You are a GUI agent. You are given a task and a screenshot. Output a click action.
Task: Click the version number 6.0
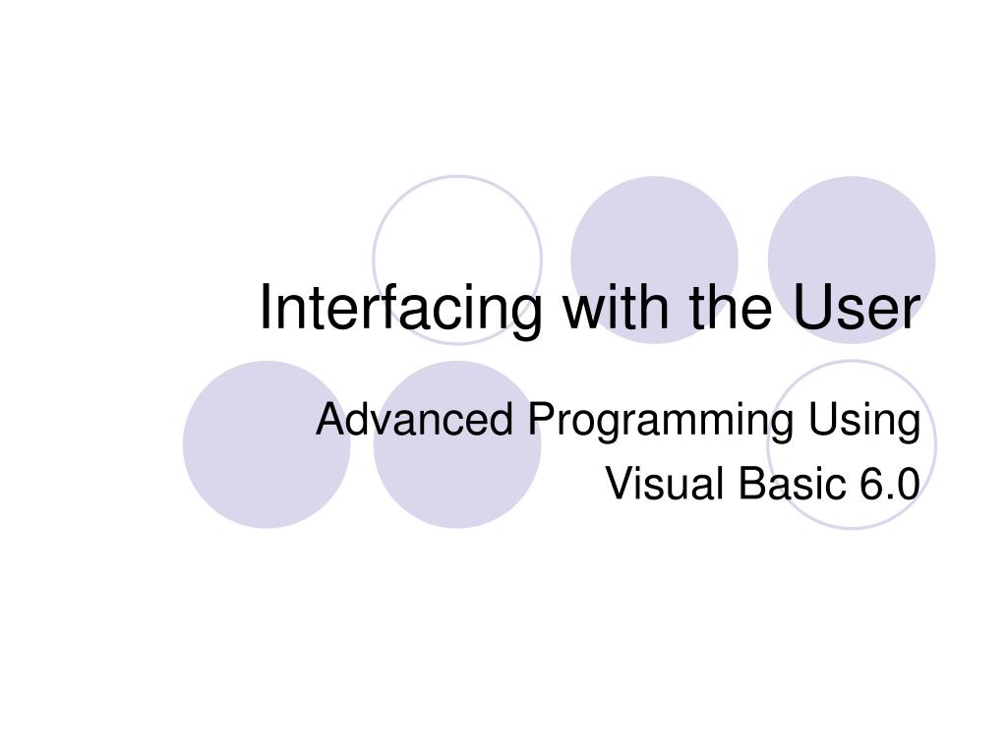(888, 484)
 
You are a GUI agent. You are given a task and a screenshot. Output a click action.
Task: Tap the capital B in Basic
(751, 484)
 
